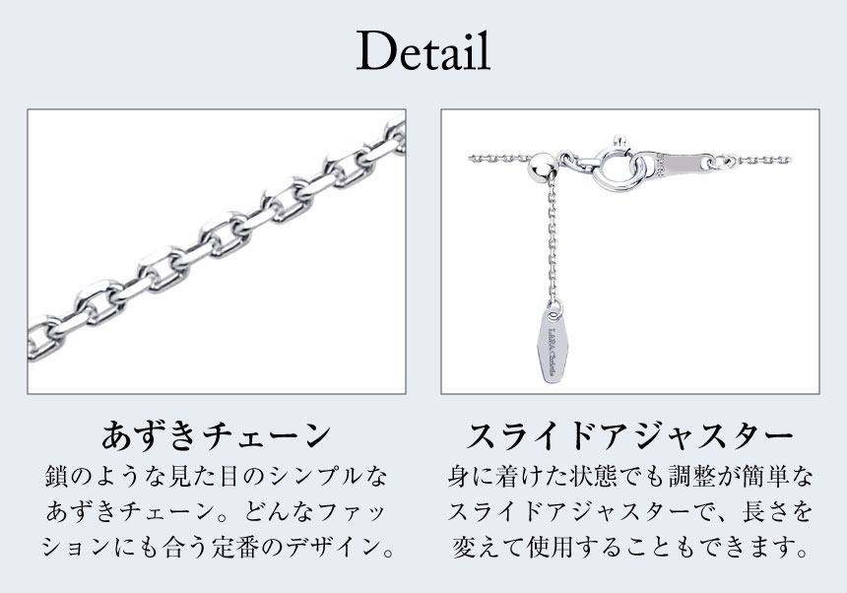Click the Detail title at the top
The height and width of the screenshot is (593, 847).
coord(423,51)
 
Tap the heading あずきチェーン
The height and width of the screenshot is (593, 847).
coord(216,435)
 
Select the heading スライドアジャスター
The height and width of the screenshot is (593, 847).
coord(629,435)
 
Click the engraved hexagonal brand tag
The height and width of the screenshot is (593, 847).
coord(554,341)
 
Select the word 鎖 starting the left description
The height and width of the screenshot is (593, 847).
coord(57,477)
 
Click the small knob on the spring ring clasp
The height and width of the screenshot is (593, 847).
coord(618,142)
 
